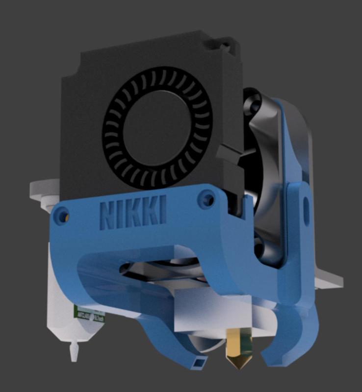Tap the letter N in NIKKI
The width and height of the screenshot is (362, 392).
(x=108, y=214)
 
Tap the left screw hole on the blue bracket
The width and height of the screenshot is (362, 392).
(x=61, y=214)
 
